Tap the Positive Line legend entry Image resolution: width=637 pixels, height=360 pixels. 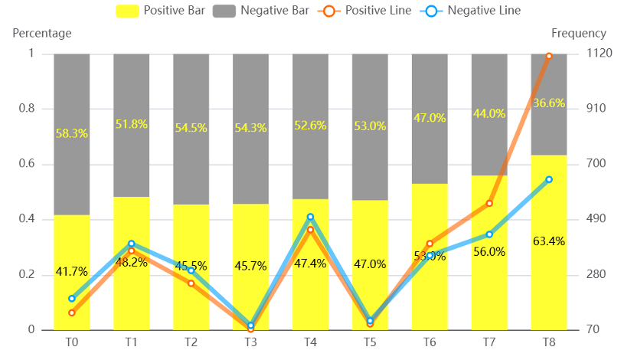[367, 11]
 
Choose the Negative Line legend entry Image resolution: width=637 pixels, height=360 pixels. [472, 11]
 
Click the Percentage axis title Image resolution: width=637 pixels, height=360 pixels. [42, 33]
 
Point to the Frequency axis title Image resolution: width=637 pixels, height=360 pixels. [578, 33]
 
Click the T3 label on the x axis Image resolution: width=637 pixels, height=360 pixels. [250, 342]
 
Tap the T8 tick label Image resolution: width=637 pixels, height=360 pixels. [549, 342]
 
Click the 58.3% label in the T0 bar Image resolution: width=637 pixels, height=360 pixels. [72, 133]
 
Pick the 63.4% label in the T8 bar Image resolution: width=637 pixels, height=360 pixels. [549, 241]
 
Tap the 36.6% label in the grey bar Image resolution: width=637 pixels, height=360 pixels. [549, 103]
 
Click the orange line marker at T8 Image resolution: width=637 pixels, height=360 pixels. [549, 56]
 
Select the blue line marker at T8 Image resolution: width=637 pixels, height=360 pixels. [549, 179]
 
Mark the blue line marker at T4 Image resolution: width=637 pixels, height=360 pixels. [310, 217]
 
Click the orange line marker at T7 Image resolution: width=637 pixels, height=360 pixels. [489, 203]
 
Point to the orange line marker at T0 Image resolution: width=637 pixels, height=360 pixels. [72, 313]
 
